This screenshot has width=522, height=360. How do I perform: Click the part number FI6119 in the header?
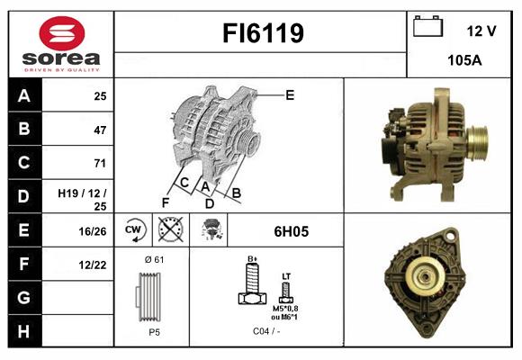[262, 34]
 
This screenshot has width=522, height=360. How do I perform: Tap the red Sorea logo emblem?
[61, 35]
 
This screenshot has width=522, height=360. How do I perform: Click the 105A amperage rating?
[465, 62]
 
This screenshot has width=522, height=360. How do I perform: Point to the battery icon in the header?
[427, 28]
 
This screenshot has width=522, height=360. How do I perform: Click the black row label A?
[24, 95]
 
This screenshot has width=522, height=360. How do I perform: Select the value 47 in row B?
[99, 130]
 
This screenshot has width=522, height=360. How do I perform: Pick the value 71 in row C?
[99, 163]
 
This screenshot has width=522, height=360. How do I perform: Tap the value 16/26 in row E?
[93, 230]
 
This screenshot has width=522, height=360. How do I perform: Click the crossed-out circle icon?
[169, 230]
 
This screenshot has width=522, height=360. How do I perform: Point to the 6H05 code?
[290, 231]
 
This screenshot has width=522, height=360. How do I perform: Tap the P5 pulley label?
[154, 330]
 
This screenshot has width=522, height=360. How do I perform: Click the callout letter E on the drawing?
[290, 94]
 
